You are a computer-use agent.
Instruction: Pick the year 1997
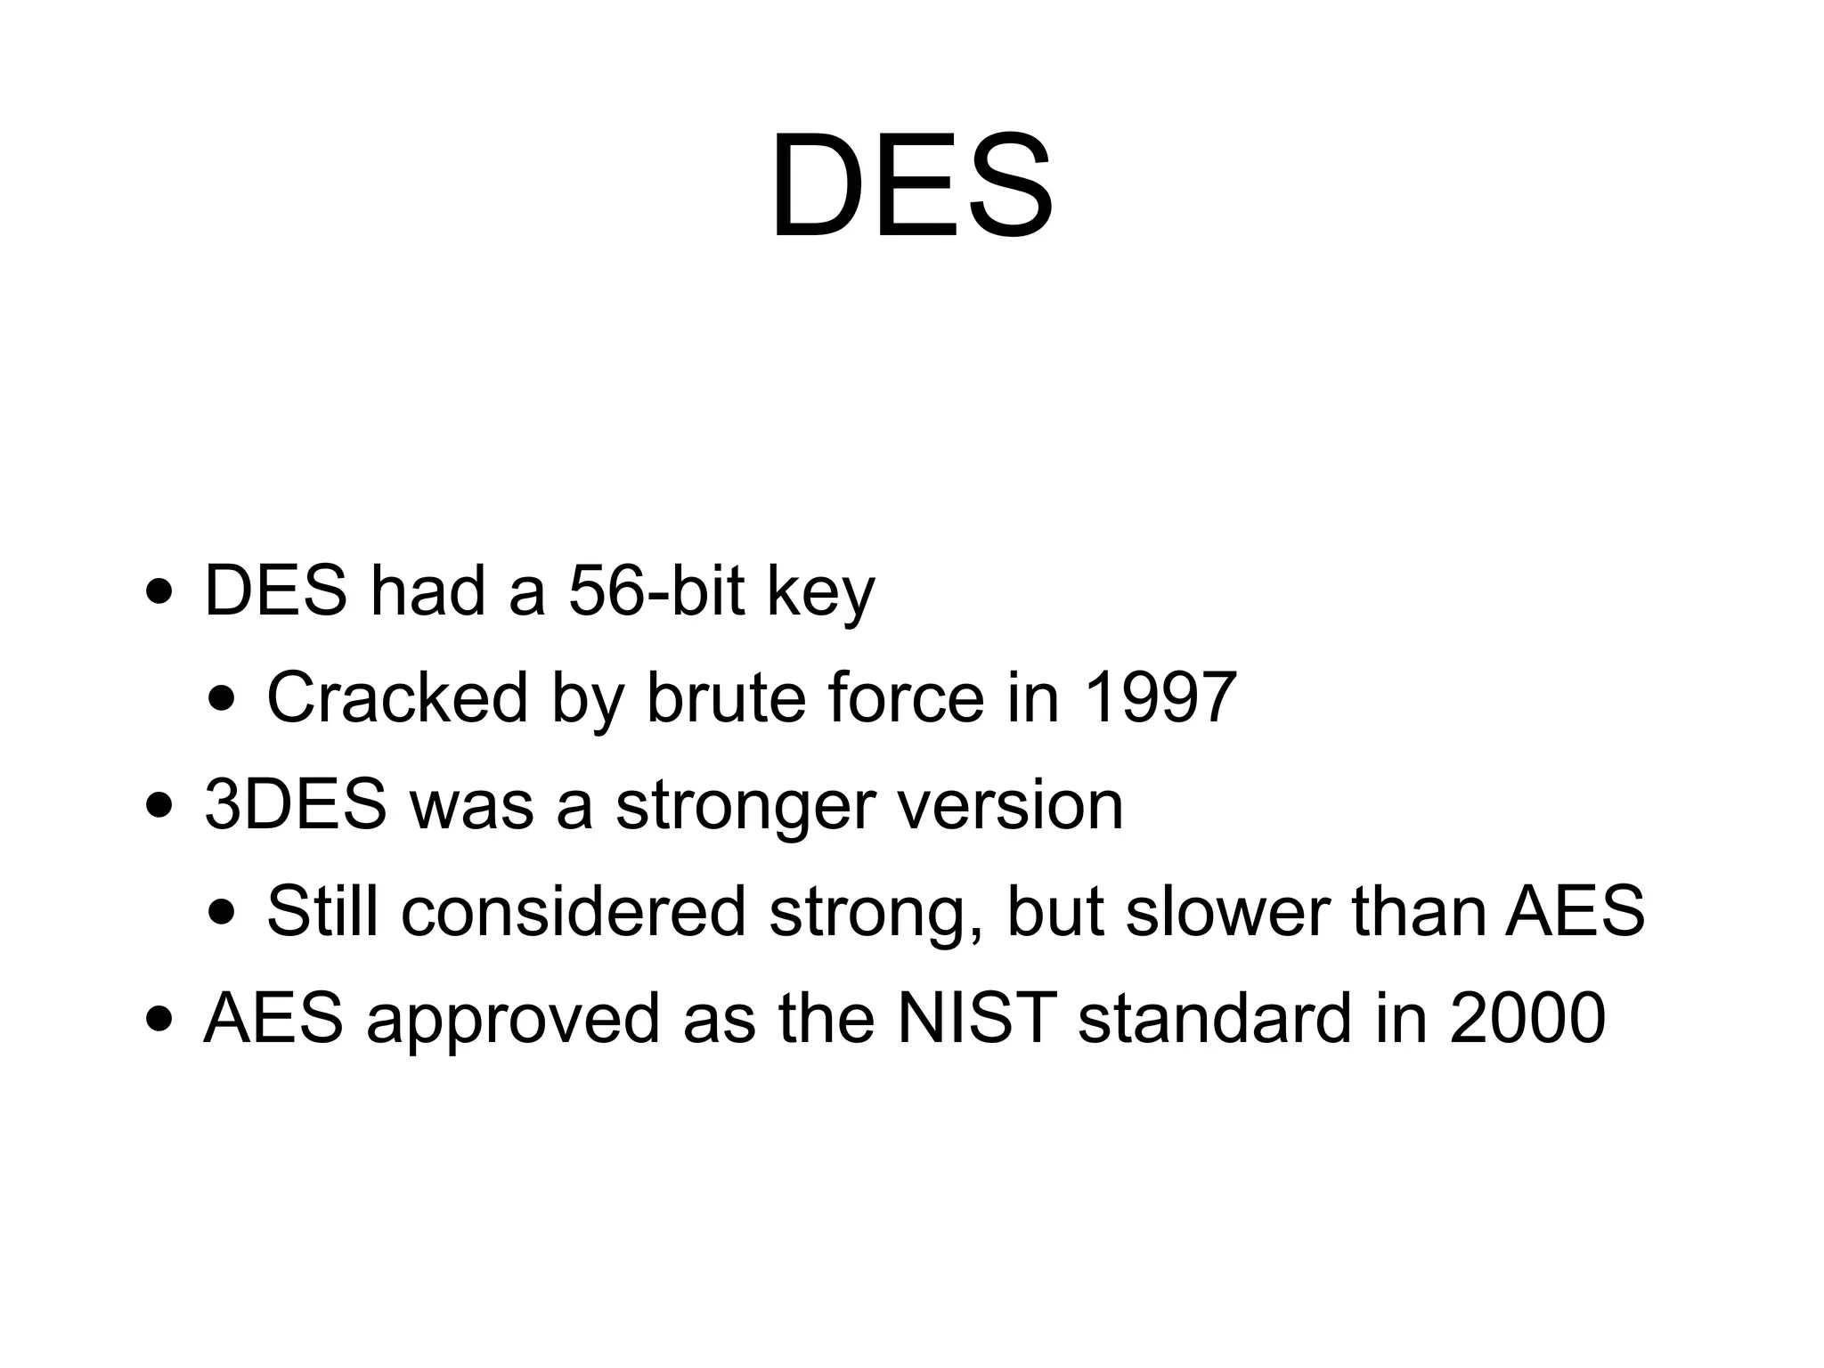tap(1160, 697)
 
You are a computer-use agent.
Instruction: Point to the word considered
tap(573, 911)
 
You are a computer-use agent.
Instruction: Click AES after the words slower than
tap(1575, 911)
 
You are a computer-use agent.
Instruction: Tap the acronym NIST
tap(976, 1018)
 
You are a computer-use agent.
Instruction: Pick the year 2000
tap(1527, 1018)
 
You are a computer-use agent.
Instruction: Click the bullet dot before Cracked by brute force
tap(222, 699)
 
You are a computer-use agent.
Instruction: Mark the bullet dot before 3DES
tap(159, 806)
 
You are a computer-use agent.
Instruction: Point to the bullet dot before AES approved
tap(159, 1020)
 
